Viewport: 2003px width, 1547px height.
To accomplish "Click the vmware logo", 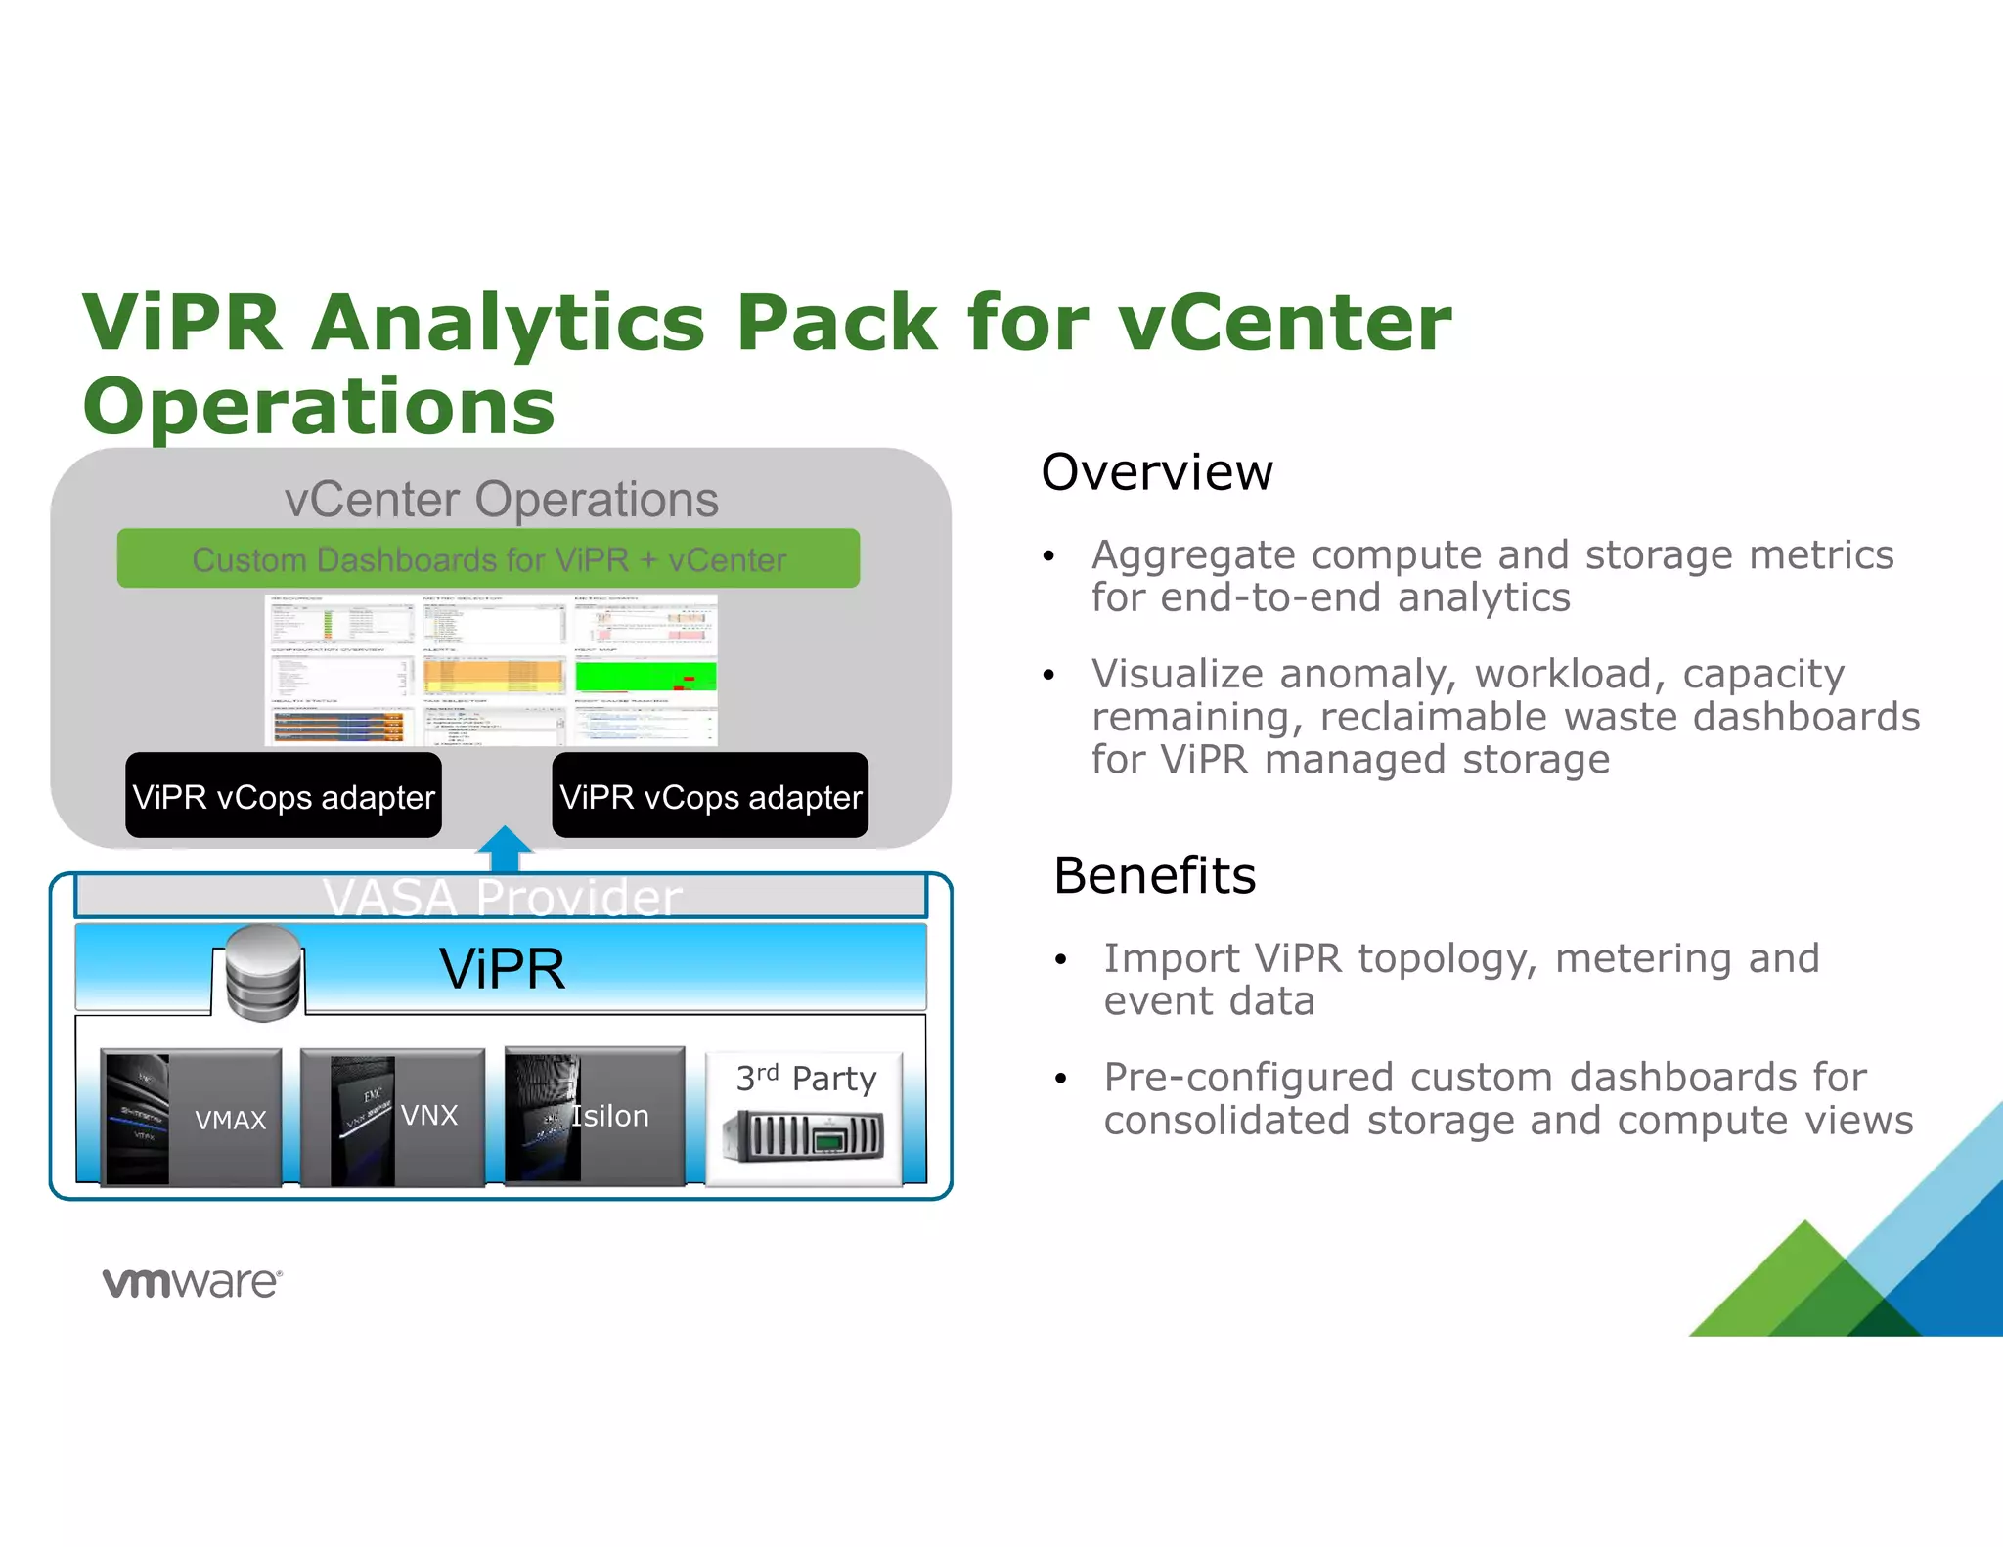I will (192, 1282).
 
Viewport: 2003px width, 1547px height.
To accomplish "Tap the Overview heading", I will (1156, 472).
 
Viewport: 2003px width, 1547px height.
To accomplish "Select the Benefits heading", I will (1154, 875).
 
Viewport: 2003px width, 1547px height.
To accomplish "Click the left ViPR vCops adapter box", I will (284, 796).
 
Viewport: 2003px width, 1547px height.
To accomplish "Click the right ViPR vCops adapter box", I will (710, 796).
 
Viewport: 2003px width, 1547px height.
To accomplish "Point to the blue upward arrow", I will (504, 849).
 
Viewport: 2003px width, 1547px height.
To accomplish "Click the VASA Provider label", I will (502, 897).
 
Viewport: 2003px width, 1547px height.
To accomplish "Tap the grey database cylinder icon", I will (262, 972).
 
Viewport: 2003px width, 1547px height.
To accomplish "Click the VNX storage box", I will (393, 1118).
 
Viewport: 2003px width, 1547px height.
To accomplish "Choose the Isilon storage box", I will (595, 1117).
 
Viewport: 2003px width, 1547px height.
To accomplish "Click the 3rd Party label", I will (806, 1078).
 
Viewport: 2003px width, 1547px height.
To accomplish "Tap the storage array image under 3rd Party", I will (803, 1136).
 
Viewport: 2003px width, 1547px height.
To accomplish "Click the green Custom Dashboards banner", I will (488, 558).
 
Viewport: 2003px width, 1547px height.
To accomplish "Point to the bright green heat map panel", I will (645, 676).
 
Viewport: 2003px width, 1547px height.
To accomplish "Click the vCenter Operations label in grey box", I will (501, 500).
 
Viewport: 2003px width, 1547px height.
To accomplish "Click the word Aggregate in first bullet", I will (1193, 555).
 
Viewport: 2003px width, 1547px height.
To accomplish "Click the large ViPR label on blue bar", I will (502, 969).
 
